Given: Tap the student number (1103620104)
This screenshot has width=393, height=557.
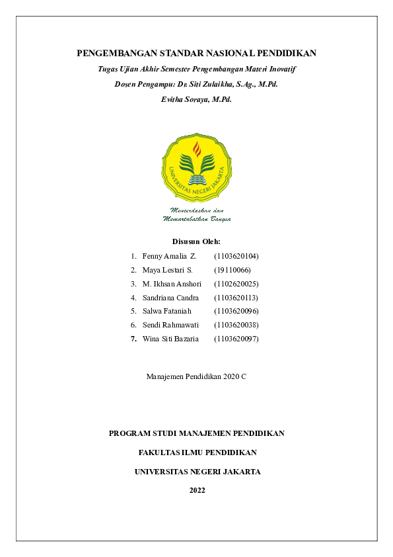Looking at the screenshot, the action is click(x=236, y=255).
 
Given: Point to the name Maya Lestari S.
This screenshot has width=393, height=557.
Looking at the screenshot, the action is click(x=167, y=270).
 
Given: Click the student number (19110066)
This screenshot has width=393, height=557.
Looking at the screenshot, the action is click(x=232, y=270).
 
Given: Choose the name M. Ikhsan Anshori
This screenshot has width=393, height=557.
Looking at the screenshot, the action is click(x=172, y=284).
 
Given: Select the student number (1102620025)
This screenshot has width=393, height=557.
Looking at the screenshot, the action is click(x=236, y=284).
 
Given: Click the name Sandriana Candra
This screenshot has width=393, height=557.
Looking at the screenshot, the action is click(x=170, y=298).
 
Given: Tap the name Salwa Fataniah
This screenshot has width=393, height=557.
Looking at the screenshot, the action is click(x=166, y=311).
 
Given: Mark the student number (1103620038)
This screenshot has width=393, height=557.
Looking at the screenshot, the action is click(x=236, y=325).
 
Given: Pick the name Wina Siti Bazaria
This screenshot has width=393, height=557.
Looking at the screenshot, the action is click(x=170, y=339).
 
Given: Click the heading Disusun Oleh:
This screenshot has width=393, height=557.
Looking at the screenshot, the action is click(x=196, y=241).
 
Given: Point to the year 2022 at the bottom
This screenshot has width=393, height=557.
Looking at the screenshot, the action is click(x=197, y=490).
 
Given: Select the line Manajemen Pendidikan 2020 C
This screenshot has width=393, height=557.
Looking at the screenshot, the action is click(x=196, y=376).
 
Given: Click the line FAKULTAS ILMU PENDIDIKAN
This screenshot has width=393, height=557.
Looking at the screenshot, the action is click(x=197, y=452).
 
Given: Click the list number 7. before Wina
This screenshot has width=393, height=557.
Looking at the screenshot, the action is click(x=133, y=339).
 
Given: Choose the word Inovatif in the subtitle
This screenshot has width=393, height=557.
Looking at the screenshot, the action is click(x=280, y=69).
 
